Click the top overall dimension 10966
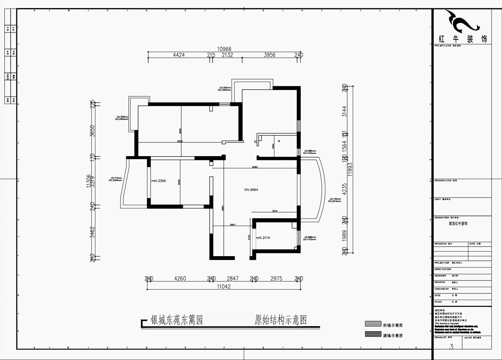click(x=224, y=49)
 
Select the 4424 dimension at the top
click(x=179, y=55)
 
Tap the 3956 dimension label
click(x=270, y=55)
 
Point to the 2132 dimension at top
click(x=227, y=55)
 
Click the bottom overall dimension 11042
click(x=224, y=287)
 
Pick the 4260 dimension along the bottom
click(x=180, y=278)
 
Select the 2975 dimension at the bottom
click(x=276, y=278)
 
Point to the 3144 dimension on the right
click(x=344, y=111)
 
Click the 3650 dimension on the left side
click(x=93, y=131)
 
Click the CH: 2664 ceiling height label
click(x=251, y=190)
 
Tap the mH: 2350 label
click(x=159, y=181)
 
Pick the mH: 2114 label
click(x=263, y=238)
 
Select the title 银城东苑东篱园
click(x=177, y=321)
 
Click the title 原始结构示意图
click(x=281, y=321)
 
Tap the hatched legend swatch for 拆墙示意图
click(x=371, y=324)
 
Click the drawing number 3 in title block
click(x=451, y=346)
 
